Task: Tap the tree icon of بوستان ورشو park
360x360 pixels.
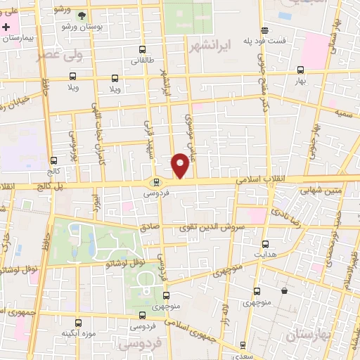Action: (82, 15)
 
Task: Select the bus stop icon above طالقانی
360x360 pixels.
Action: (143, 50)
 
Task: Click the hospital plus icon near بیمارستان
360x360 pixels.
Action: (7, 27)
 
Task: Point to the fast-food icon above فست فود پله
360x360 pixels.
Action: (264, 30)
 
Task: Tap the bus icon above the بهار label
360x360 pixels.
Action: (301, 70)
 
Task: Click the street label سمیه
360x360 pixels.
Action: (344, 112)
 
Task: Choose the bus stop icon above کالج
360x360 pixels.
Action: (54, 160)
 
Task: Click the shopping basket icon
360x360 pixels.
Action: (284, 290)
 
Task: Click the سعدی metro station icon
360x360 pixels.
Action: (243, 346)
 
